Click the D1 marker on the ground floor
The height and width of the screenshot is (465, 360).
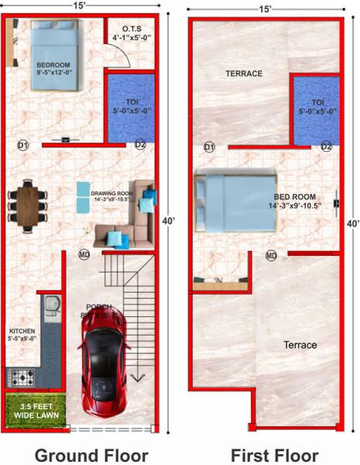click(22, 145)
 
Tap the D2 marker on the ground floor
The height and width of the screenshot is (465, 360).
click(140, 145)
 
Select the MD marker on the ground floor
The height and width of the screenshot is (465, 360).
click(84, 253)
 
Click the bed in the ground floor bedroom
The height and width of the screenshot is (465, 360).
click(53, 38)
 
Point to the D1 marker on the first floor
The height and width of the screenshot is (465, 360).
click(209, 146)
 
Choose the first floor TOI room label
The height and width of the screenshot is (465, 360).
click(317, 106)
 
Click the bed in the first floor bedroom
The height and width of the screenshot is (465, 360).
click(235, 202)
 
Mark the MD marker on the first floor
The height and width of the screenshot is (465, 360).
click(271, 255)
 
